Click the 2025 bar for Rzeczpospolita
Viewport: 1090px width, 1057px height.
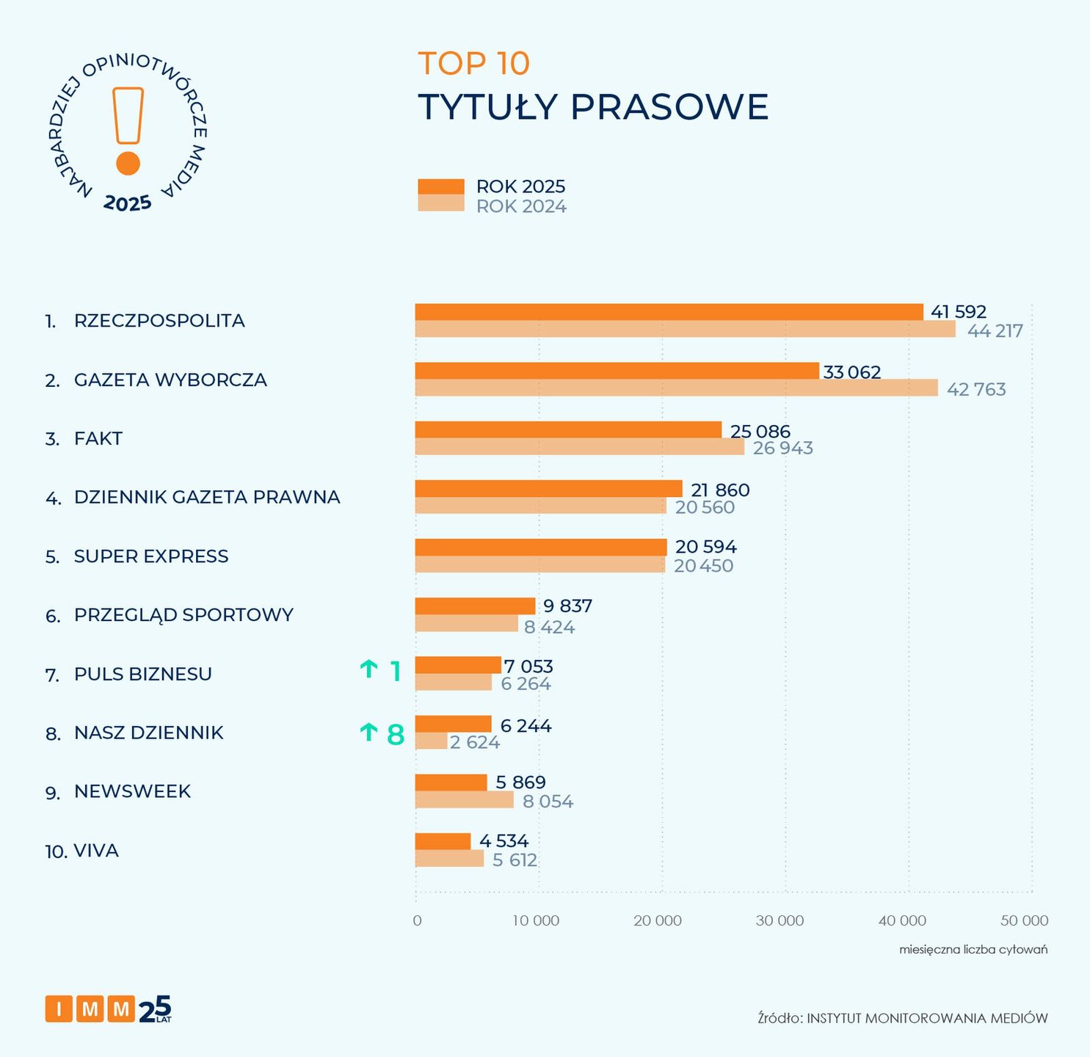tap(669, 312)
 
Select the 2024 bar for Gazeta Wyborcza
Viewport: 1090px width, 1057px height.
tap(676, 388)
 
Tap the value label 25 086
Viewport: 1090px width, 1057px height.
tap(760, 431)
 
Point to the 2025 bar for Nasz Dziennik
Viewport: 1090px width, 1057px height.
tap(453, 724)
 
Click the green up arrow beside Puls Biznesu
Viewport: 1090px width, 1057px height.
tap(368, 669)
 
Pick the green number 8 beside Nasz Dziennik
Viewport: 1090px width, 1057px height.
tap(396, 734)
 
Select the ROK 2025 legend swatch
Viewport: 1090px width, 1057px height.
tap(441, 186)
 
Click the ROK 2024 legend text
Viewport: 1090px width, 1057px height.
tap(521, 206)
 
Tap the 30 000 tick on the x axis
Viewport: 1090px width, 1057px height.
tap(780, 920)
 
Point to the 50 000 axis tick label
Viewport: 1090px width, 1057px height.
tap(1024, 920)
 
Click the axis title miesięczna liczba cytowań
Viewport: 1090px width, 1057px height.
tap(973, 950)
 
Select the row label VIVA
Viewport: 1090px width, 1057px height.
tap(96, 851)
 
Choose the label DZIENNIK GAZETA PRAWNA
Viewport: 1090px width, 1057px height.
tap(207, 497)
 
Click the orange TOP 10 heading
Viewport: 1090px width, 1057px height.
tap(473, 63)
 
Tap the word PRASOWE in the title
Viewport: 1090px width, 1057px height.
tap(669, 107)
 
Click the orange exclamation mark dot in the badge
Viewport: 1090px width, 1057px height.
tap(128, 164)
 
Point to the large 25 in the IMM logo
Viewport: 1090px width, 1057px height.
tap(155, 1009)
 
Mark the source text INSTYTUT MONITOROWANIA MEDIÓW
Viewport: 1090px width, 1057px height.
tap(927, 1018)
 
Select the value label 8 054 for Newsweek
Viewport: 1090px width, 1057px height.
tap(548, 802)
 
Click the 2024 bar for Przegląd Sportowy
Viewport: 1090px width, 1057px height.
tap(466, 624)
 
